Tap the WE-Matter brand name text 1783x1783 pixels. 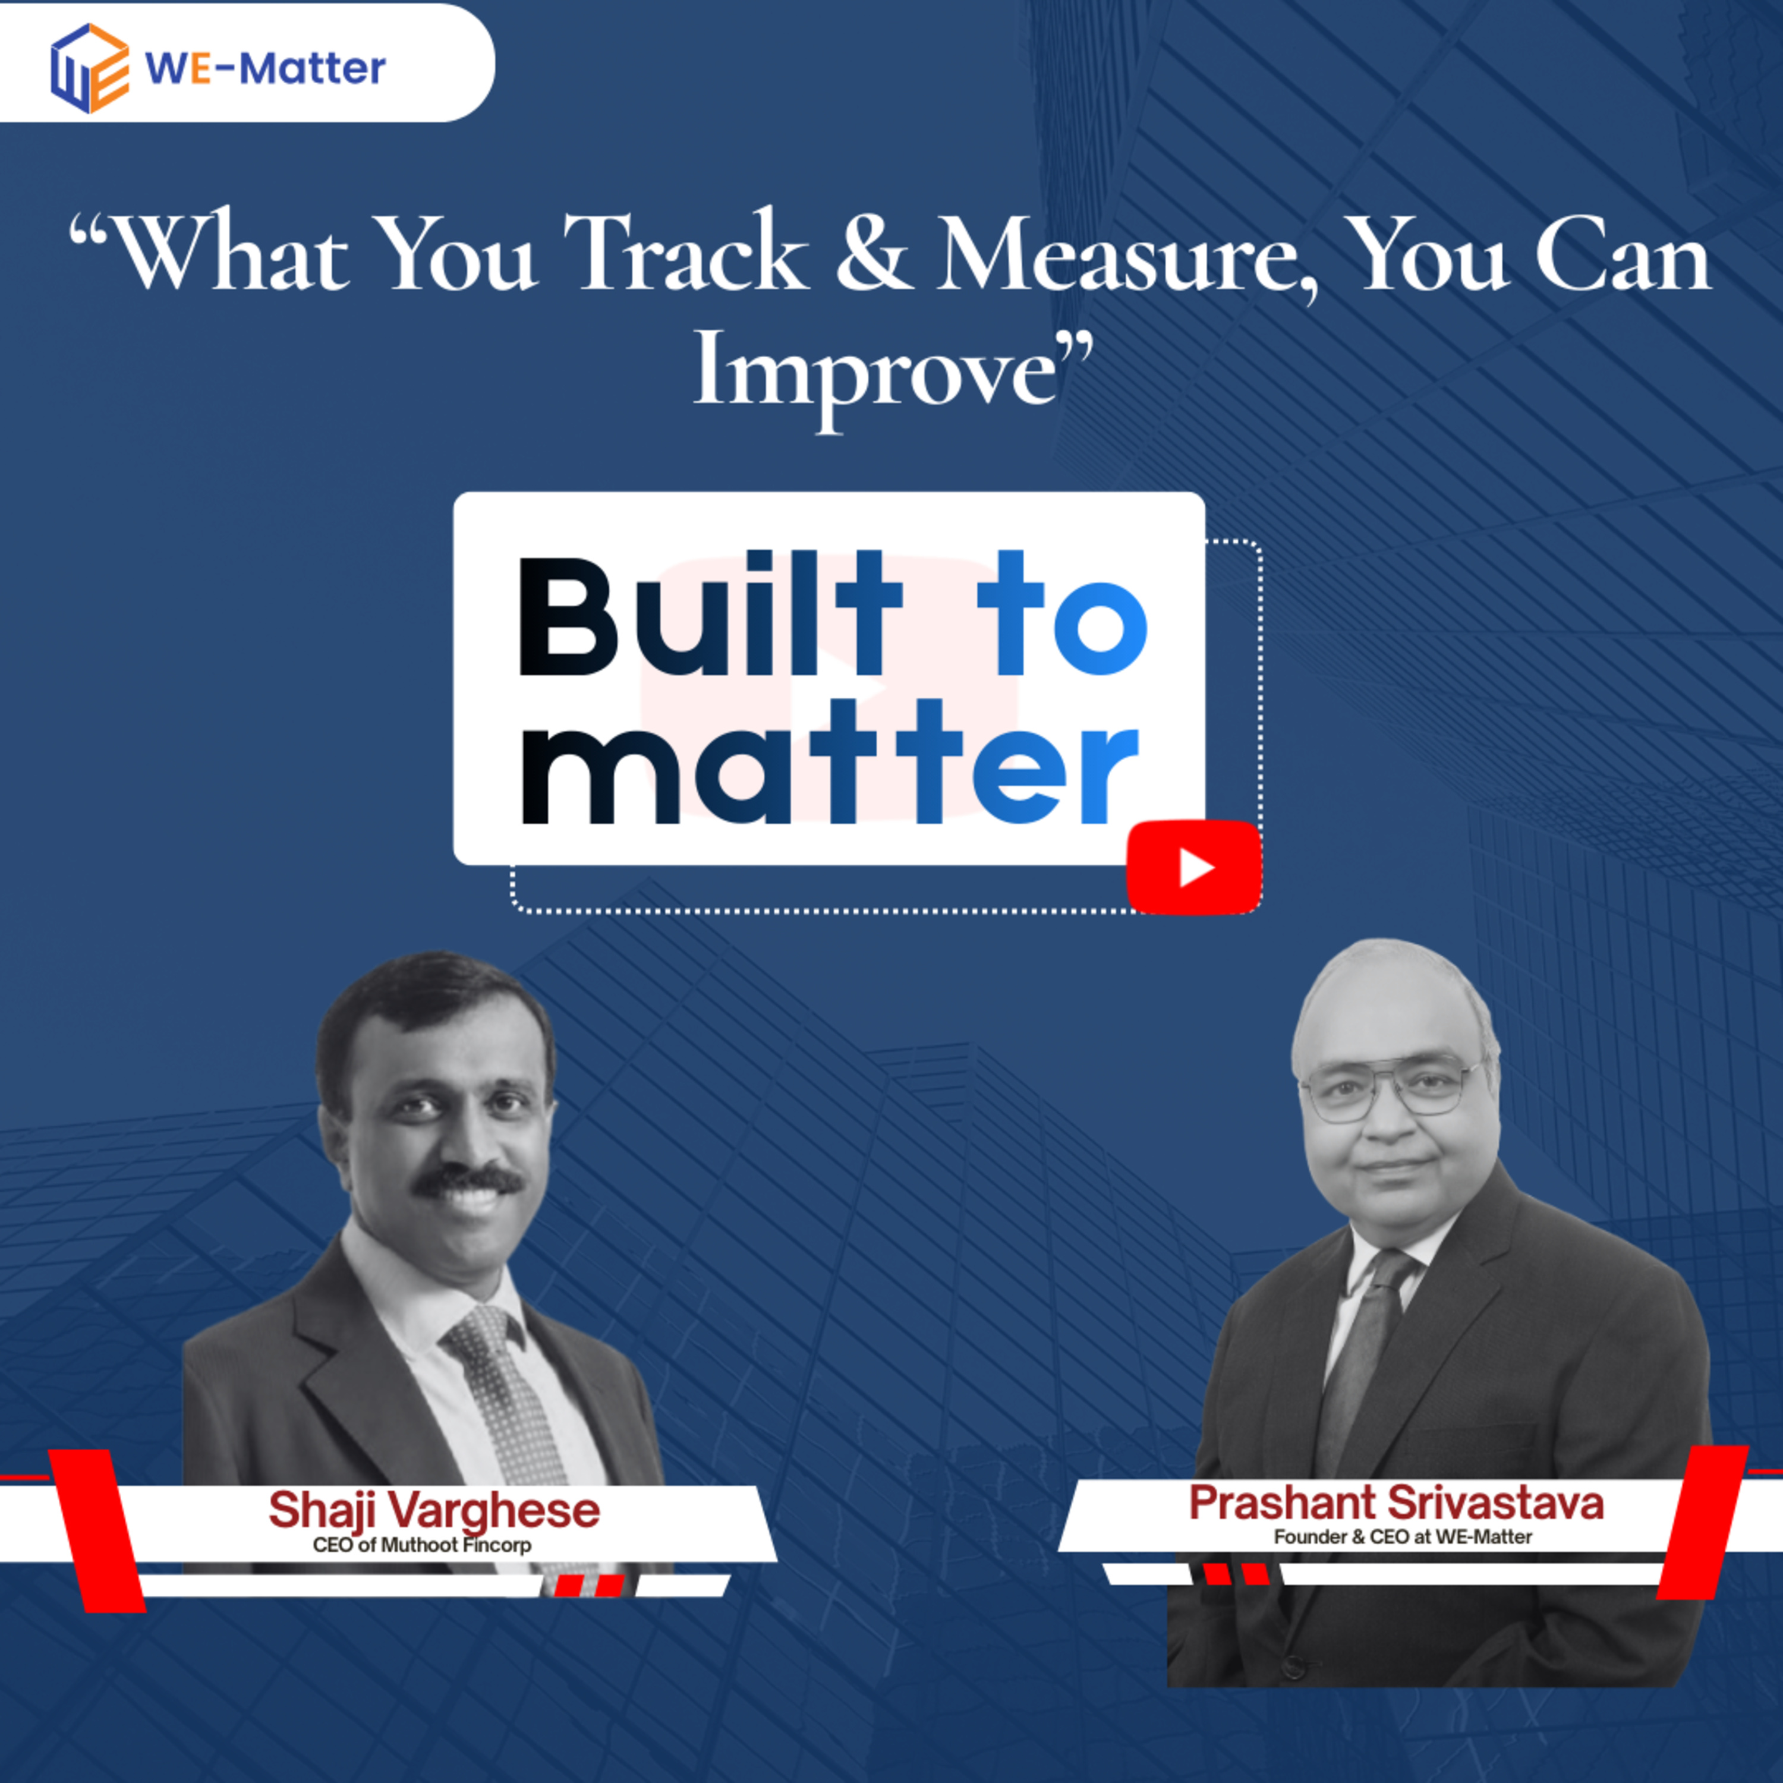266,68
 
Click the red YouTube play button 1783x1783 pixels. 1194,868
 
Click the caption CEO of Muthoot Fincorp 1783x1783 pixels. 422,1545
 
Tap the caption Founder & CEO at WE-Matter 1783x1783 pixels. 1403,1536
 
